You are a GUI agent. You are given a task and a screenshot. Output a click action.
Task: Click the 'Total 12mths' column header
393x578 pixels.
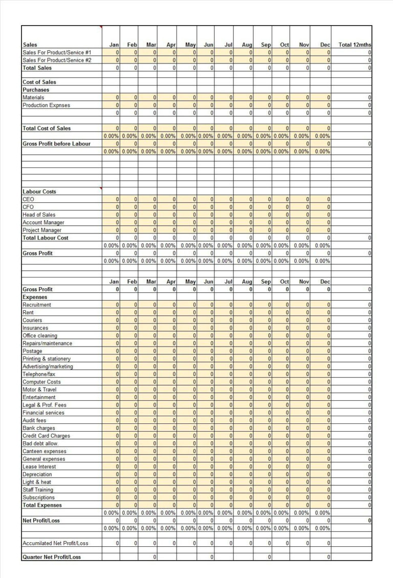point(355,45)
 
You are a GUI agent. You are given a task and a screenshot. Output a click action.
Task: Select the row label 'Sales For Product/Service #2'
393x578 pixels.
point(57,60)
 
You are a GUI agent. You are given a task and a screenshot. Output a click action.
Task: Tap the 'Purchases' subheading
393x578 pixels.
point(36,90)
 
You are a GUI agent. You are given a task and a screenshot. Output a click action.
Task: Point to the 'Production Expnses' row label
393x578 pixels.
point(47,105)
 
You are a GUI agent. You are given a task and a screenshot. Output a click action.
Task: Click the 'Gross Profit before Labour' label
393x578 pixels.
point(56,143)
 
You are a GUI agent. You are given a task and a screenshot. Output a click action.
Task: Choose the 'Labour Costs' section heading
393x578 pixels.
point(39,191)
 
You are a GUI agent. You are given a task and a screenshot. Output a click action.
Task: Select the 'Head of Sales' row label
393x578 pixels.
point(39,215)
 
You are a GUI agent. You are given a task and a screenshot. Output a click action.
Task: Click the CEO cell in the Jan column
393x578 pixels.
point(111,199)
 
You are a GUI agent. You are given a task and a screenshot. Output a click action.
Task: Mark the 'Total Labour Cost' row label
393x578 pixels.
point(46,238)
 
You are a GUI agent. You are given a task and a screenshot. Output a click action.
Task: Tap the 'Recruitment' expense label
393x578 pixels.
point(37,305)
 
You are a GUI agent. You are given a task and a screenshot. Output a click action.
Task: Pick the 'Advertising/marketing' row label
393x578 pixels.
point(48,367)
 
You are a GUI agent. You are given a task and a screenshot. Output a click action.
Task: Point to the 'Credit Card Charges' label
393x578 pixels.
point(46,436)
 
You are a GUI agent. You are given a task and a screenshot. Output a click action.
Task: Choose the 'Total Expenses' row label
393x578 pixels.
point(42,505)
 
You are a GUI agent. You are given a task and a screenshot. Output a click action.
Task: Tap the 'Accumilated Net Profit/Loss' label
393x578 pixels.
point(55,543)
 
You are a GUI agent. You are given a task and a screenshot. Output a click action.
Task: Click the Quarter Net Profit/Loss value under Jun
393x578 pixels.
point(206,557)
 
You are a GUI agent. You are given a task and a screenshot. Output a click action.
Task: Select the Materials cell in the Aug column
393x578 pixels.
point(244,97)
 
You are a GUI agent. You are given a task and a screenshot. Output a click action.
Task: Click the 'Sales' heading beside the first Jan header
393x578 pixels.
point(30,45)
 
